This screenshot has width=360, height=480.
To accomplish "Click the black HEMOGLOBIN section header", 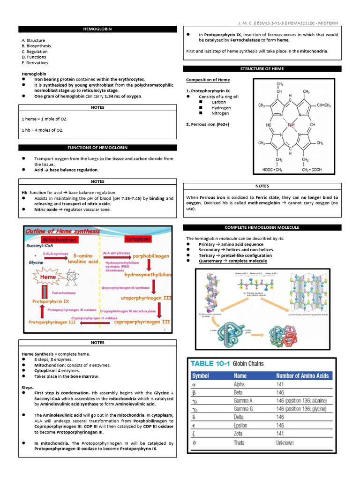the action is click(x=97, y=29).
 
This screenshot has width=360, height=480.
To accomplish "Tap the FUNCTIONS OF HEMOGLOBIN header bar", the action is click(x=97, y=148).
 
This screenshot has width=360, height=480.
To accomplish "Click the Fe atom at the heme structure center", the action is click(x=291, y=125).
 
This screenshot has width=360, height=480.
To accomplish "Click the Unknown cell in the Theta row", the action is click(x=285, y=442).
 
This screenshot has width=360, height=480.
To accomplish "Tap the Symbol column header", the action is click(x=201, y=375).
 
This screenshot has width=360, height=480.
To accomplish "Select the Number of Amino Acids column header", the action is click(x=302, y=375).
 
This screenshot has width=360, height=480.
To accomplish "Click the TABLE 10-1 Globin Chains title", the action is click(x=226, y=363).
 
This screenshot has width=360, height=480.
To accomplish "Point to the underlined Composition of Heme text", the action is click(x=208, y=80).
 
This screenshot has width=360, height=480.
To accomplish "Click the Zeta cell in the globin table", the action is click(x=239, y=434).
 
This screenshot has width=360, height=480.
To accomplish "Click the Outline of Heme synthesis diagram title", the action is click(x=63, y=231).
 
